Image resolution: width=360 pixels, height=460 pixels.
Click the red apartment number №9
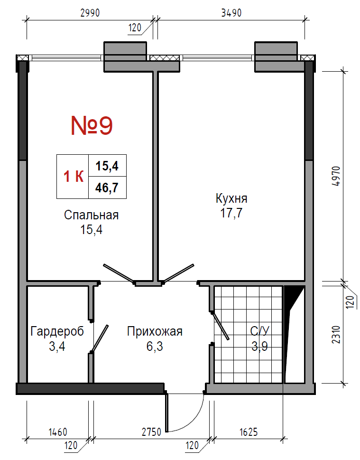92,125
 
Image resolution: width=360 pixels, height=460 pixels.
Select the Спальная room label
91,215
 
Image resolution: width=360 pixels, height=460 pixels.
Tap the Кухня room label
231,198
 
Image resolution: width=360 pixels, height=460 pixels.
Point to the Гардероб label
57,331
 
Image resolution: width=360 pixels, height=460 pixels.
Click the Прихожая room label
155,331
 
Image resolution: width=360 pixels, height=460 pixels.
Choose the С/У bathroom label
260,331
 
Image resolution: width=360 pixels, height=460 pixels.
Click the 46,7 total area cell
107,188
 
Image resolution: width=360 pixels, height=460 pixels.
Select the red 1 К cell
74,177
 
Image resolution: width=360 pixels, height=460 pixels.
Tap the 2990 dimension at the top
90,13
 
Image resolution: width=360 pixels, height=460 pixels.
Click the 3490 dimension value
231,13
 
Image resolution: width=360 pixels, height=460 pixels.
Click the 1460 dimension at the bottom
58,432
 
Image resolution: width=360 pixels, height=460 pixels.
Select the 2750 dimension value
152,432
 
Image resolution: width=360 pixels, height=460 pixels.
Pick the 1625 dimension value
249,432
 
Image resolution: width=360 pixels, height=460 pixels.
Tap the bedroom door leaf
119,273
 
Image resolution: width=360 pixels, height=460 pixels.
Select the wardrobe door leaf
100,338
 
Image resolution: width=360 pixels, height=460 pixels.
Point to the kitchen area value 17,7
231,213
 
